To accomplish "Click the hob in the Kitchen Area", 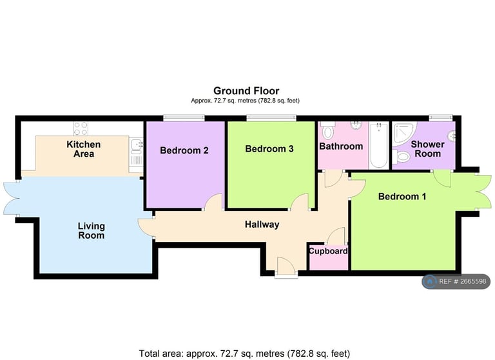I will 81,127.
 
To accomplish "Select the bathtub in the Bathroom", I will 380,146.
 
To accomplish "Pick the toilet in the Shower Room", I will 404,157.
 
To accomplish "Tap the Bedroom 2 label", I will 184,151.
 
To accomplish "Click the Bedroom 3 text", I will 269,149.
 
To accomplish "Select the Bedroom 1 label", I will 402,196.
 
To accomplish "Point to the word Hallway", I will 262,225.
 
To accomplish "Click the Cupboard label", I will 328,251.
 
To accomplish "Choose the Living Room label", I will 91,231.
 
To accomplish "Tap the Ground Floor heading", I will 246,91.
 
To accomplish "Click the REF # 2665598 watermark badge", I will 456,281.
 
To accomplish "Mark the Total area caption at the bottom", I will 245,353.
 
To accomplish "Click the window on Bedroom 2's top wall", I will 184,118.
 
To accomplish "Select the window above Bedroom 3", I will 271,118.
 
